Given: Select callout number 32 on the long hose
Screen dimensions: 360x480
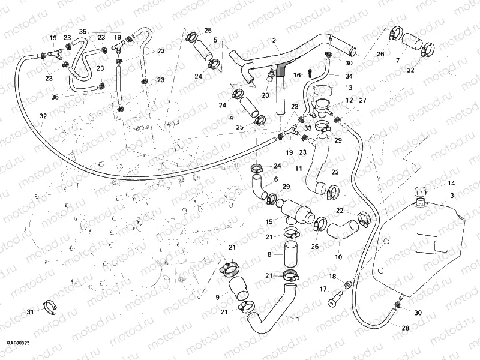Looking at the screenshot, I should tap(43, 115).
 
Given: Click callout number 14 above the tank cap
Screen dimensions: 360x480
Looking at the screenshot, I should tap(451, 183).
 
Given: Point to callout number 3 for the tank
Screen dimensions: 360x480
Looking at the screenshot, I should tap(451, 196).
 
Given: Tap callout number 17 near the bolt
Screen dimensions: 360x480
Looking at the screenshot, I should tap(322, 289).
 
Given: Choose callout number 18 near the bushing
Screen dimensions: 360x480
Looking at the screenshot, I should tap(331, 275).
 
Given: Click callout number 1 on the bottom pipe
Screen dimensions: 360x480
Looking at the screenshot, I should tap(296, 319).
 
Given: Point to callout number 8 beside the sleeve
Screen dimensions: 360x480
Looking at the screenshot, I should tap(271, 254).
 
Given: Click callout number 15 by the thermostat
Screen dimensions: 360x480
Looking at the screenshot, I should tap(269, 221).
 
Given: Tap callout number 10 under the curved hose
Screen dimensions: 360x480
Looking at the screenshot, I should tap(338, 257).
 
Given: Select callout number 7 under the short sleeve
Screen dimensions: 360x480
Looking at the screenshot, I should tap(397, 61).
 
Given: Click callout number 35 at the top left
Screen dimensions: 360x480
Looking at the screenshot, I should tap(83, 31).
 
